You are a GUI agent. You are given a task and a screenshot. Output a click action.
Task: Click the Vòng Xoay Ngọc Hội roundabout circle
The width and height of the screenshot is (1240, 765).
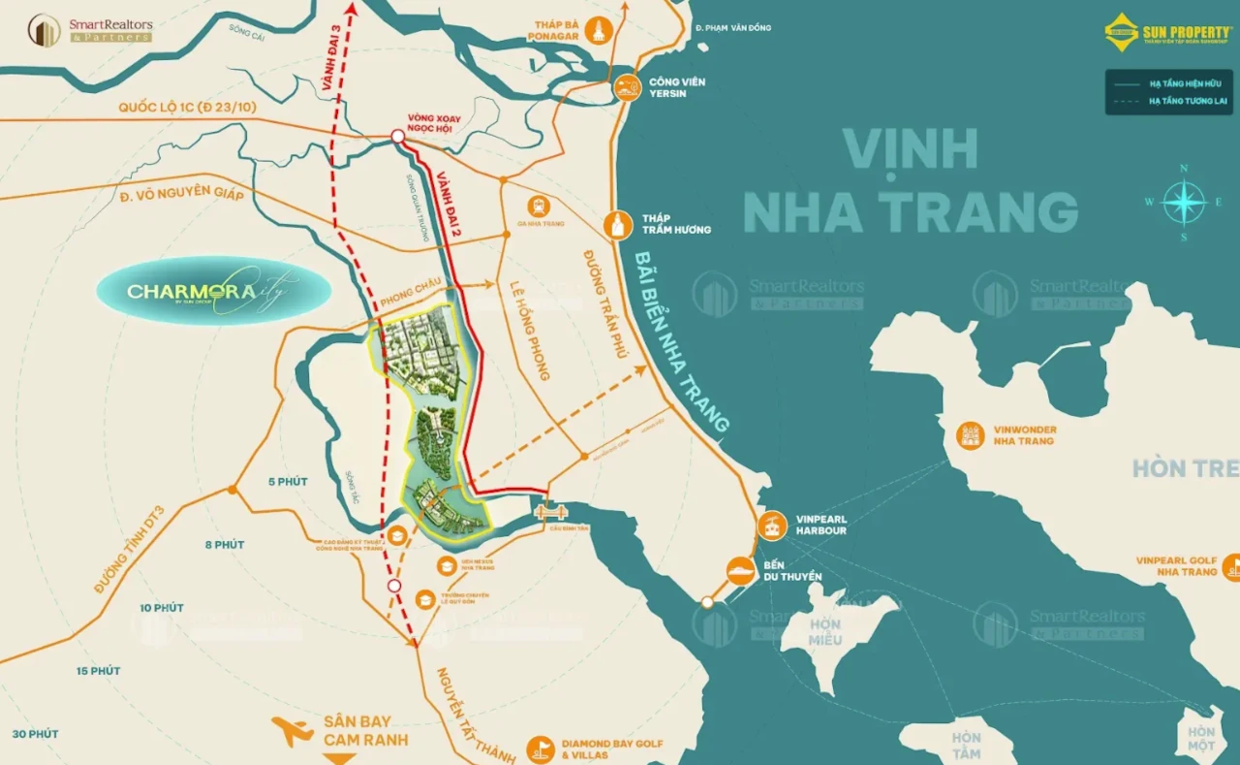tap(397, 138)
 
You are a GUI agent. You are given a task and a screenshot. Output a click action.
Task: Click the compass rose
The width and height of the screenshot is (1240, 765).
tap(1183, 203)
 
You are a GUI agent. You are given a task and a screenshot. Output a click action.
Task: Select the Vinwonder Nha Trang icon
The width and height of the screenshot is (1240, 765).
tap(970, 435)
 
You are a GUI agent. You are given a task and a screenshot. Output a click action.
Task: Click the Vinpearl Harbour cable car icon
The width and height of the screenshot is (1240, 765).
tap(772, 526)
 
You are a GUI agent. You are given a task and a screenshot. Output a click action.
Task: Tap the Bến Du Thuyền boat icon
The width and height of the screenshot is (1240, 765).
tap(741, 570)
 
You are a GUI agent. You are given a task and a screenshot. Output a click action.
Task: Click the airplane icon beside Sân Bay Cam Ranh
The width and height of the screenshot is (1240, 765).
tap(292, 730)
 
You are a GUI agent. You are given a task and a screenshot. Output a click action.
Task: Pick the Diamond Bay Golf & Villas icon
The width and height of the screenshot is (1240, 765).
tap(540, 749)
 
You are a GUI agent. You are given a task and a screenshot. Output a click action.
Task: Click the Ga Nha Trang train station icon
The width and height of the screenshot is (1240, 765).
tap(538, 206)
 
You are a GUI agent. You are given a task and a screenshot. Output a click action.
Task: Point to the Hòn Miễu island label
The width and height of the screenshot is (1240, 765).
tap(825, 632)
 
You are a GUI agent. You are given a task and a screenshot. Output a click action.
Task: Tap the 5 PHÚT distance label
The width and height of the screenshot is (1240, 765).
tap(288, 482)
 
